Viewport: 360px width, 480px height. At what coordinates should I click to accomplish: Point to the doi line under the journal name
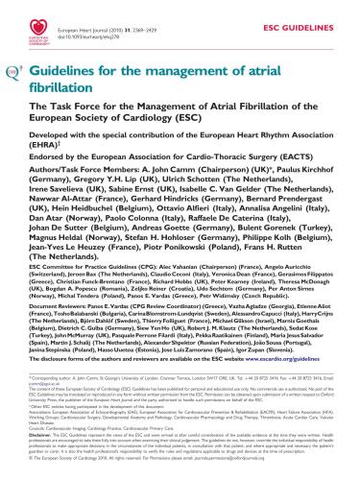coord(110,20)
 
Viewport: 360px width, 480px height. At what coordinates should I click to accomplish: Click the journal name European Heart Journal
coord(101,12)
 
